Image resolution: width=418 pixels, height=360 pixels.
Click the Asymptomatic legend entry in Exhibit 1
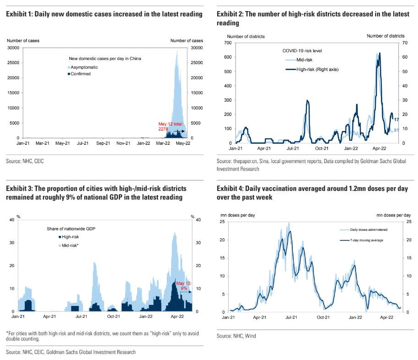[x=83, y=67]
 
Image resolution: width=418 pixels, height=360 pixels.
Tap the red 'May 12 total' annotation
[x=170, y=126]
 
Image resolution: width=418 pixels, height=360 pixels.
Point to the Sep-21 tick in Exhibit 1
[x=103, y=143]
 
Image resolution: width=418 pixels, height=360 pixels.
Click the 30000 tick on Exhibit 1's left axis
[x=13, y=48]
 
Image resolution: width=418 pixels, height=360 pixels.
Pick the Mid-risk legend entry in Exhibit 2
[x=305, y=60]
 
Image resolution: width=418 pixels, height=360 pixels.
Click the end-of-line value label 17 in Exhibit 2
[x=396, y=120]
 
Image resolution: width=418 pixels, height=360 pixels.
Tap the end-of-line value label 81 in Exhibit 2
[x=396, y=130]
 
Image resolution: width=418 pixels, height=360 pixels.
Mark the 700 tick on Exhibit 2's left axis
[x=228, y=43]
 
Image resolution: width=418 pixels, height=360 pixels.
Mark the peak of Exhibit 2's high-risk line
[x=379, y=53]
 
